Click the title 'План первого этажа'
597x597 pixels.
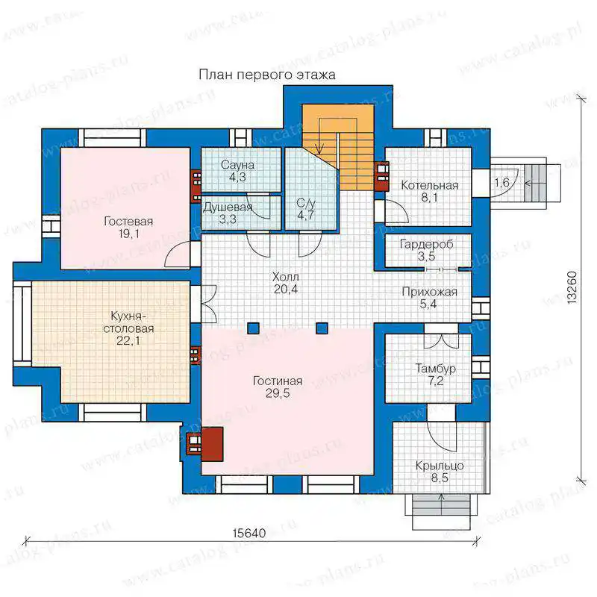(x=267, y=75)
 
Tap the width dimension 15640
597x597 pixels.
(x=249, y=533)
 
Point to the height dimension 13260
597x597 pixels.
(x=572, y=287)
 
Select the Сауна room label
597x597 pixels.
(x=237, y=165)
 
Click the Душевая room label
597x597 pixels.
(x=228, y=207)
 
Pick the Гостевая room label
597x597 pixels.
(x=128, y=221)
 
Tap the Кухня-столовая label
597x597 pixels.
(x=128, y=322)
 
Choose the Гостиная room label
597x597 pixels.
(x=278, y=381)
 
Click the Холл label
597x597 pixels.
(x=286, y=276)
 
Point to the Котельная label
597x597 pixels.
(x=430, y=185)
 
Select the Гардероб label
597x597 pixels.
(x=426, y=244)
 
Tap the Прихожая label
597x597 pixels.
(x=429, y=292)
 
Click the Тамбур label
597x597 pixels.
(x=435, y=368)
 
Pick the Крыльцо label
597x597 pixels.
(x=440, y=466)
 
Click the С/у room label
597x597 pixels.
(x=306, y=203)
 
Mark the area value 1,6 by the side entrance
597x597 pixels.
(x=501, y=182)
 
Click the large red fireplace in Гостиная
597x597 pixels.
(x=212, y=444)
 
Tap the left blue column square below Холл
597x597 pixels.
(x=253, y=328)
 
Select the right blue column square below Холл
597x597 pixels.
(x=322, y=328)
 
